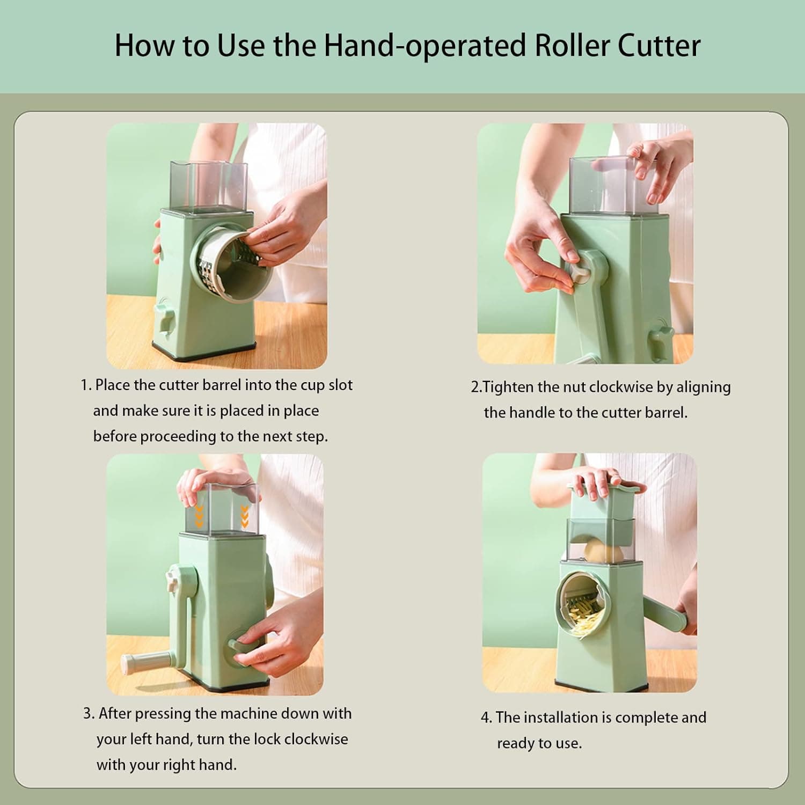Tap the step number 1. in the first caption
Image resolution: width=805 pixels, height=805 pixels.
point(86,385)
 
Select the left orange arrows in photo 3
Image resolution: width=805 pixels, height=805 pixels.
point(199,515)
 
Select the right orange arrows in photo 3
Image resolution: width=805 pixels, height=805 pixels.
point(244,515)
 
